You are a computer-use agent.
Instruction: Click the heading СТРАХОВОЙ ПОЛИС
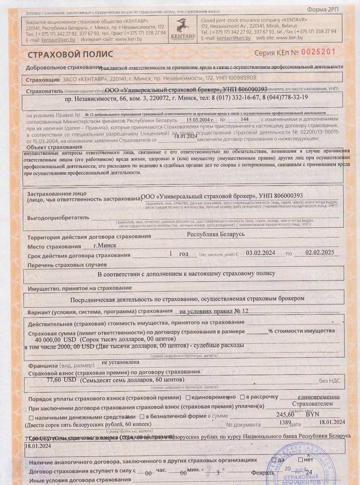click(x=70, y=55)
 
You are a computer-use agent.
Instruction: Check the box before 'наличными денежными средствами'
click(x=31, y=418)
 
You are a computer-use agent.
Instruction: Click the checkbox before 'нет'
click(x=300, y=460)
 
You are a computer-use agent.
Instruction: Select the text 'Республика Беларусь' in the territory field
click(x=216, y=234)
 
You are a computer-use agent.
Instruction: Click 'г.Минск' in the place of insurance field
click(x=105, y=245)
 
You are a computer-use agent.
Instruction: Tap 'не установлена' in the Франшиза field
click(x=117, y=362)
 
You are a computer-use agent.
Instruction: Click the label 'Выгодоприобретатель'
click(x=58, y=218)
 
